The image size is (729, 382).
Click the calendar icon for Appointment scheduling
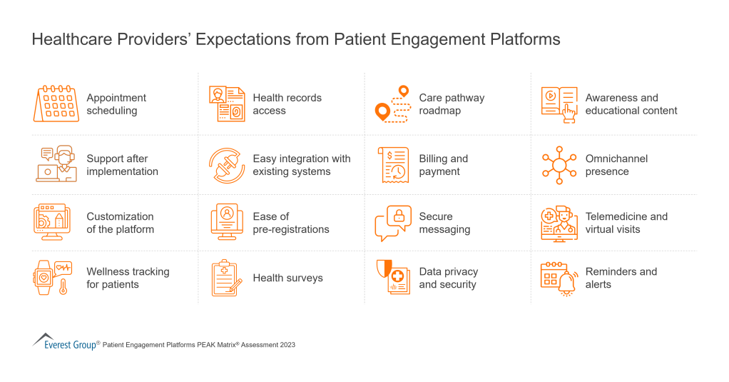click(x=56, y=104)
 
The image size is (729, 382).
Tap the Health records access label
click(x=287, y=104)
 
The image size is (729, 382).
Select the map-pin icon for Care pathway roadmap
click(x=393, y=104)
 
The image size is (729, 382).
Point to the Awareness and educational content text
click(x=631, y=104)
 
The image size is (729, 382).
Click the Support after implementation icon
click(x=56, y=164)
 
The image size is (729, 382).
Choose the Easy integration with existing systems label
click(x=301, y=165)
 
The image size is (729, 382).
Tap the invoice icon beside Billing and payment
click(x=393, y=165)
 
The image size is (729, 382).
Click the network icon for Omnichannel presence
click(x=559, y=165)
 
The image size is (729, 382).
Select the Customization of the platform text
click(x=120, y=223)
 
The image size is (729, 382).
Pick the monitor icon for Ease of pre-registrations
click(x=227, y=223)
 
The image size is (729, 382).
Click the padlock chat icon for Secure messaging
click(x=393, y=223)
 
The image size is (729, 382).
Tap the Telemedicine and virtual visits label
click(x=626, y=223)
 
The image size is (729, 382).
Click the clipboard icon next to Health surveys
click(x=227, y=278)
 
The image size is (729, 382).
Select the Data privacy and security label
click(x=448, y=278)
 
